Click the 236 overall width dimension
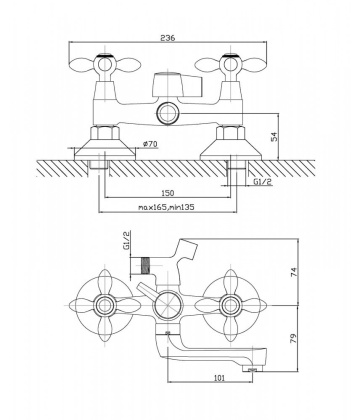168,38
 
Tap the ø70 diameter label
150,144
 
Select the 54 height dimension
274,137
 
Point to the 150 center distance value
168,193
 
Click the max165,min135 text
166,207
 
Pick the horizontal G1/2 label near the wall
261,181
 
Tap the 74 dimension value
293,272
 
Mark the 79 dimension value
293,339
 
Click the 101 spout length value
219,378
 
